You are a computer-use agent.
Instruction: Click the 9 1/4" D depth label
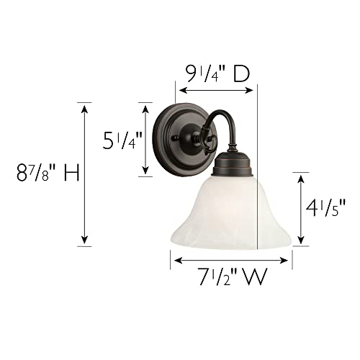pyautogui.click(x=218, y=73)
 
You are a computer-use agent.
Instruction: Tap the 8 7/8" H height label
pyautogui.click(x=48, y=173)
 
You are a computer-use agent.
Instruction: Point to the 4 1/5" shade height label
pyautogui.click(x=325, y=208)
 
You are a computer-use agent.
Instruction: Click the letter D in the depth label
pyautogui.click(x=242, y=73)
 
